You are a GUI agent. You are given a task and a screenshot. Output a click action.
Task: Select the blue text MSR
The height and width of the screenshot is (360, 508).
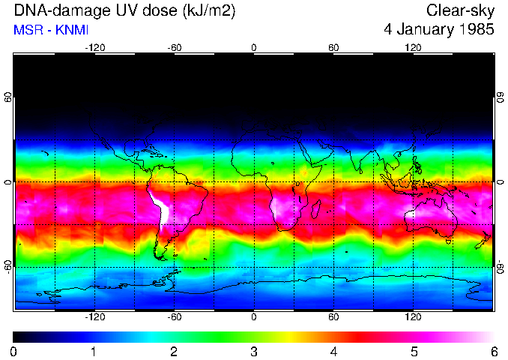click(27, 31)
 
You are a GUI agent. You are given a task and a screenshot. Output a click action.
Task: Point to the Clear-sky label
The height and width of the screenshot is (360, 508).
click(460, 11)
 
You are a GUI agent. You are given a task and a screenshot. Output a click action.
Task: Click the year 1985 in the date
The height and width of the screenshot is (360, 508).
click(474, 31)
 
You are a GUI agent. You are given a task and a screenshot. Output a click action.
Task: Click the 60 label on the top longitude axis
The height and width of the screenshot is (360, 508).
click(333, 47)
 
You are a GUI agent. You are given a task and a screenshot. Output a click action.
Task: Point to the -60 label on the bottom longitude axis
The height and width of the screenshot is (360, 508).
click(174, 317)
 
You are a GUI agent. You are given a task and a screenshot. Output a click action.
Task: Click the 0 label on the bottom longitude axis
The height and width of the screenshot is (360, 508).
click(254, 317)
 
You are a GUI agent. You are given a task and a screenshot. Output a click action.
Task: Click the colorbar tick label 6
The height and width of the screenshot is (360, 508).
click(494, 351)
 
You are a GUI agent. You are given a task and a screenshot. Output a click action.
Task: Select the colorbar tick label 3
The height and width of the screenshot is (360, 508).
click(254, 351)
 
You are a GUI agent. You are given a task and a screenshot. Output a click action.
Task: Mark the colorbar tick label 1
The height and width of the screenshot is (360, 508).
click(94, 351)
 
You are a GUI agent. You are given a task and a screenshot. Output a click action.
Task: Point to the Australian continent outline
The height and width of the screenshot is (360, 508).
click(431, 217)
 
